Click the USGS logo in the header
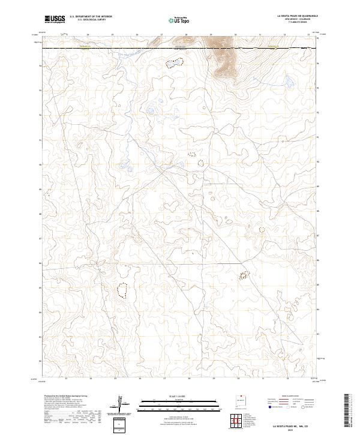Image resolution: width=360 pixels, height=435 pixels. pyautogui.click(x=55, y=19)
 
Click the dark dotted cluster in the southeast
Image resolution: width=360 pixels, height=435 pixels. pyautogui.click(x=244, y=275)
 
